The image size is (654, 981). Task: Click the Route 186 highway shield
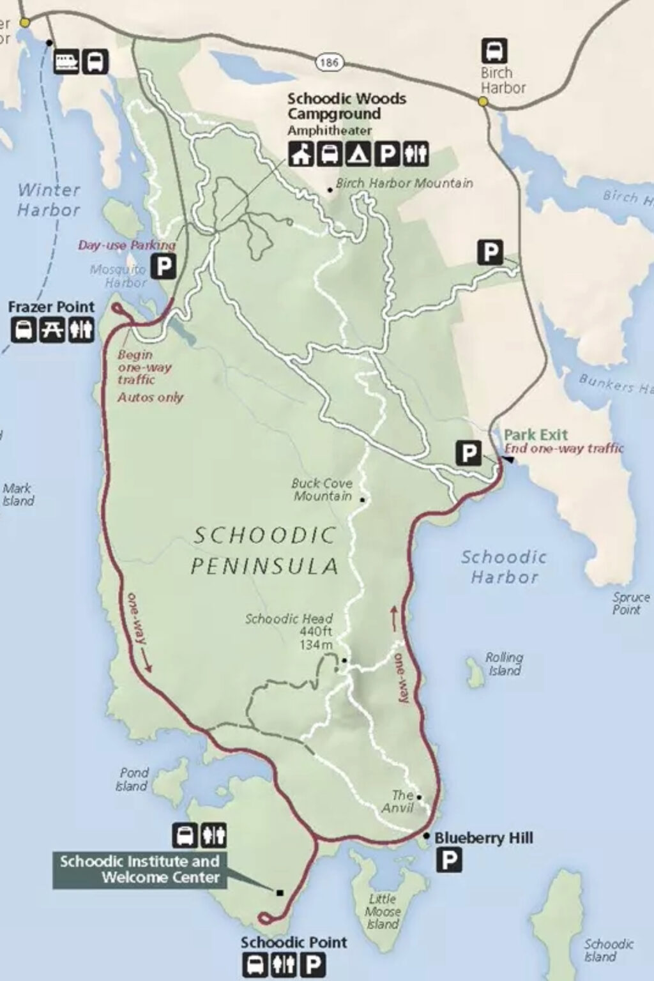tap(328, 62)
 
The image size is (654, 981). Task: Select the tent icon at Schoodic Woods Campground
tap(358, 154)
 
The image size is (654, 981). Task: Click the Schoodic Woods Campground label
tap(346, 106)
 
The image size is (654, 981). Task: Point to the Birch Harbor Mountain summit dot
tap(330, 190)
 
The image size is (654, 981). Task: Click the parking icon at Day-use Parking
tap(164, 265)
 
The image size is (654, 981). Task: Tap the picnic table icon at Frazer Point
tap(52, 330)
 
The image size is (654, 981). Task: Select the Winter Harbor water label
tap(49, 199)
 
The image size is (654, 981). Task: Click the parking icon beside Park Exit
tap(468, 453)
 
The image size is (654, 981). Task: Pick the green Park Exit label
tap(535, 435)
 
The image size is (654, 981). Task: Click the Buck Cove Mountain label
tap(322, 489)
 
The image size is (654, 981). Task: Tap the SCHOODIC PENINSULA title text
tap(264, 550)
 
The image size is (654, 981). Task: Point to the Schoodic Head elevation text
tap(316, 638)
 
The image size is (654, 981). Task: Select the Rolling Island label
tap(504, 664)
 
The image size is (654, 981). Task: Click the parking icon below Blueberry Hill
tap(449, 861)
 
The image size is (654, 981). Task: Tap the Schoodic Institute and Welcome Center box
tap(140, 869)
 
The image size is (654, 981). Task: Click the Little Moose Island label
tap(383, 911)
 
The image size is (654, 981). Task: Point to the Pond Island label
tap(132, 779)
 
